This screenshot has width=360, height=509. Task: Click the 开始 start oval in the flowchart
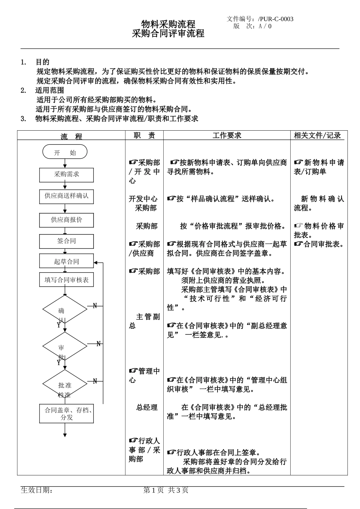pos(65,152)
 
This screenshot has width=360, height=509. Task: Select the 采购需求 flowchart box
pos(66,175)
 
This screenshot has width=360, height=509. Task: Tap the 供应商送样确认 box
pos(66,196)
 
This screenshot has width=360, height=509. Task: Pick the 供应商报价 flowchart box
pos(66,220)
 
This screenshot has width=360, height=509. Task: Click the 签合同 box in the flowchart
pos(66,241)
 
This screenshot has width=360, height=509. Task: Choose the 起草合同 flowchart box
pos(66,261)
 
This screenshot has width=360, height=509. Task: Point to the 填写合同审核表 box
pos(66,280)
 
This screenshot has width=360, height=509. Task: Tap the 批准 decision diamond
pos(65,385)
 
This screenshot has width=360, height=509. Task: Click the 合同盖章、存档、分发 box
pos(66,414)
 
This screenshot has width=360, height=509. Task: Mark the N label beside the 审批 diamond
pos(99,344)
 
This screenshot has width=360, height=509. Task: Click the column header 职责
pos(144,136)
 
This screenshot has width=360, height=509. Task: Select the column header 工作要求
pos(227,136)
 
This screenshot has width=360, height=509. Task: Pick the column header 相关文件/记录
pos(318,136)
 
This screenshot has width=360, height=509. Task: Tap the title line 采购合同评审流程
pos(168,34)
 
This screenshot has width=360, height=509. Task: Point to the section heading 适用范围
pos(50,91)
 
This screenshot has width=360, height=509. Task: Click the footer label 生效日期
pos(37,490)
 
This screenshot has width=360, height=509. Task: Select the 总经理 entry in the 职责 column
pos(147,408)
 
